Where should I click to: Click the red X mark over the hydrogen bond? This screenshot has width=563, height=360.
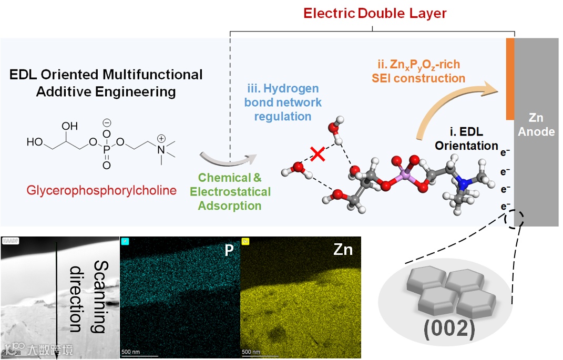(x=317, y=153)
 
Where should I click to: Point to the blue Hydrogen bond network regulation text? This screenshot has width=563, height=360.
(x=283, y=102)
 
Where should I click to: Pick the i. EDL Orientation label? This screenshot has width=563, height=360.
(x=467, y=138)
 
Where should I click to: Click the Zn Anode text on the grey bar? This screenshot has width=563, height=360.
(x=536, y=125)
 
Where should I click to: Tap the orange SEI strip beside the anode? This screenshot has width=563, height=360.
(x=510, y=79)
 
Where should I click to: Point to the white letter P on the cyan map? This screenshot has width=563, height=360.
(x=229, y=250)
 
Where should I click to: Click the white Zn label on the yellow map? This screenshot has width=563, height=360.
(x=343, y=250)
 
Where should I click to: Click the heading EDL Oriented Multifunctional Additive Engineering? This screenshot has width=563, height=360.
(x=106, y=83)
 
